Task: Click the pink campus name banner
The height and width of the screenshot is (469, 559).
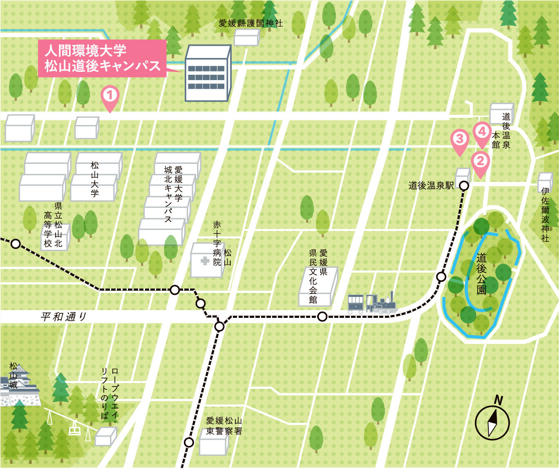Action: tap(102, 58)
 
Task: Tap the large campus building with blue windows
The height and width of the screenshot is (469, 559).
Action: tap(208, 74)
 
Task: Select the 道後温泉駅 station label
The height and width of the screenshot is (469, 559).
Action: tap(431, 186)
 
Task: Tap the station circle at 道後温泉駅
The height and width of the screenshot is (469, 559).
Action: tap(464, 186)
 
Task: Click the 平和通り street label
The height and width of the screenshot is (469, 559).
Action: tap(63, 317)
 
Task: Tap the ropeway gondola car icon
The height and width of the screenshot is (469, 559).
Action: tap(74, 429)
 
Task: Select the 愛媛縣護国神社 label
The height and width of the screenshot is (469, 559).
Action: tap(250, 23)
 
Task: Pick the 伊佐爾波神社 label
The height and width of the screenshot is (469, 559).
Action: tap(545, 214)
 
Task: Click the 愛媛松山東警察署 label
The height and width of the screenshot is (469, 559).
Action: tap(224, 426)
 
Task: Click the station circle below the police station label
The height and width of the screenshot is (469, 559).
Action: tap(188, 442)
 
